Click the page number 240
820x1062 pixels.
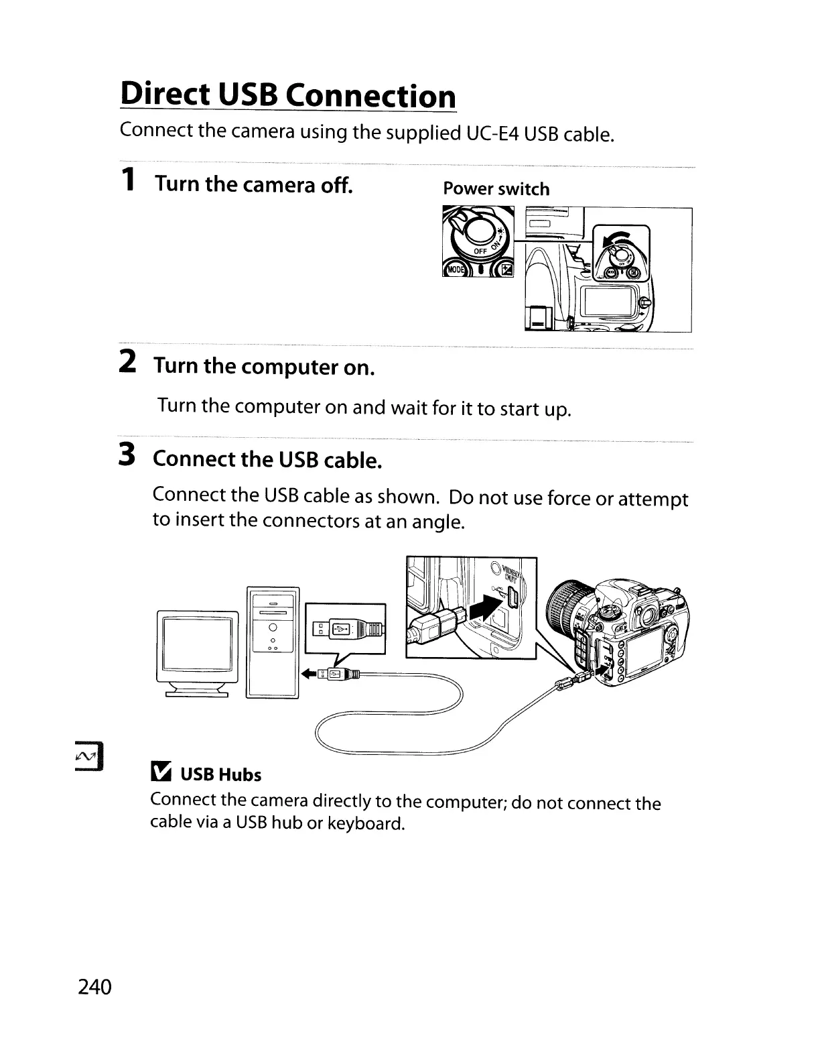point(94,987)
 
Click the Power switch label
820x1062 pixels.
point(496,189)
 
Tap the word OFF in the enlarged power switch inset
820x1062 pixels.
point(480,251)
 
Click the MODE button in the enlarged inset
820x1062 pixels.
point(454,270)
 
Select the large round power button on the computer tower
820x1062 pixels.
point(273,628)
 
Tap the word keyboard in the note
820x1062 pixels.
point(366,823)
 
